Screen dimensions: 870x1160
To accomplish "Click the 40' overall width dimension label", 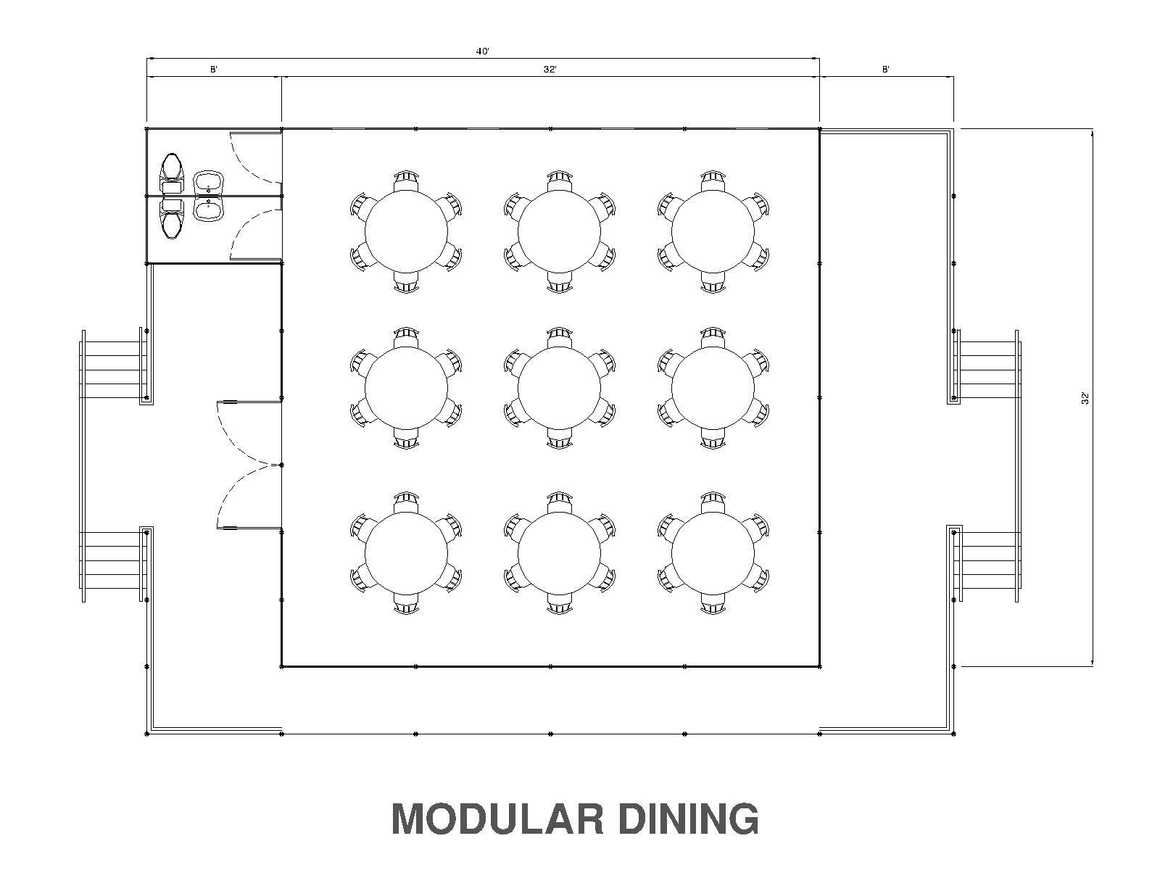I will coord(483,51).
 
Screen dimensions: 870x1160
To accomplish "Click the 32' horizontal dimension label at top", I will coord(550,70).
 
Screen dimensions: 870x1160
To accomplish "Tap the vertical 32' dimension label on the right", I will coord(1085,397).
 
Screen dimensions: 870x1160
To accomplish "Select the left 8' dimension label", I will coord(214,70).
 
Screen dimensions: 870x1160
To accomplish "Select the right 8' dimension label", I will coord(886,70).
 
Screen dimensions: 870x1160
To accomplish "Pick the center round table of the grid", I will coord(560,387).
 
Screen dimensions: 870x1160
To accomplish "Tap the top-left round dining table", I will coord(406,231).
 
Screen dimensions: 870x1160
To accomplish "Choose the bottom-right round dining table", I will coord(713,553).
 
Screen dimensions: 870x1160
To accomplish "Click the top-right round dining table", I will coord(713,231).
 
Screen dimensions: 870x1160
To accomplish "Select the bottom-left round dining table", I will coord(406,553).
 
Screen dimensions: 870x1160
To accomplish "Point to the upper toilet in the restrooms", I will coord(171,167).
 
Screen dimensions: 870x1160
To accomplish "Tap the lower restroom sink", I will coord(209,210).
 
